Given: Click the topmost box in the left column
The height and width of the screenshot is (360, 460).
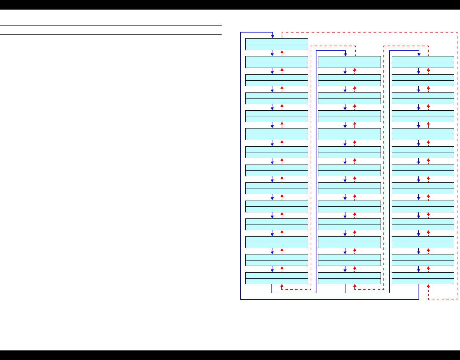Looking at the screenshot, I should pyautogui.click(x=277, y=44).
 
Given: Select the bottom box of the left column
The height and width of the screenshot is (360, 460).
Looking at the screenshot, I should pyautogui.click(x=277, y=278).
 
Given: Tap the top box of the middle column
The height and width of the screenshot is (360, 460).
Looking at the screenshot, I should pyautogui.click(x=349, y=62).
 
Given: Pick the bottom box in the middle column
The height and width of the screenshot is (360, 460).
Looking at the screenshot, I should pyautogui.click(x=349, y=278).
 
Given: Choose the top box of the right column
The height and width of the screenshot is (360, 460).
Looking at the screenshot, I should pyautogui.click(x=423, y=62).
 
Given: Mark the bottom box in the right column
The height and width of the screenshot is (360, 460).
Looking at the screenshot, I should pyautogui.click(x=423, y=278).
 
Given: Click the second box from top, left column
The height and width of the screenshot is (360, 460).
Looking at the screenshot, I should pyautogui.click(x=277, y=62).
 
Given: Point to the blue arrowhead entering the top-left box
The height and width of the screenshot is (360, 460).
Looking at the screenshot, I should pyautogui.click(x=273, y=36).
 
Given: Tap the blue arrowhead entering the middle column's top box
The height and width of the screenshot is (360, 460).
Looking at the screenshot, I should pyautogui.click(x=345, y=55).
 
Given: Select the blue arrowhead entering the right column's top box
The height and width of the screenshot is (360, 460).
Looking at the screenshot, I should pyautogui.click(x=419, y=55).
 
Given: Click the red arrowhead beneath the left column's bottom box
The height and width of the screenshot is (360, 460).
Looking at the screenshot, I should pyautogui.click(x=282, y=285).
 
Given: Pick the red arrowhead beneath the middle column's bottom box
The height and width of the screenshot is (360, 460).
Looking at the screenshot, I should pyautogui.click(x=355, y=285).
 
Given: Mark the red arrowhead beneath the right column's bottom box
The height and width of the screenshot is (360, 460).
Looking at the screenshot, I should pyautogui.click(x=428, y=285).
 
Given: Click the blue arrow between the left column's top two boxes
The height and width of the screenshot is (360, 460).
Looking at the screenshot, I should pyautogui.click(x=272, y=53).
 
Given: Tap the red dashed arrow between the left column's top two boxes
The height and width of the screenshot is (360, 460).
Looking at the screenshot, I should pyautogui.click(x=282, y=53).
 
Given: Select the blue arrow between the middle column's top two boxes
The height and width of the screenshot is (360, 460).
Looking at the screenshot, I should pyautogui.click(x=345, y=71).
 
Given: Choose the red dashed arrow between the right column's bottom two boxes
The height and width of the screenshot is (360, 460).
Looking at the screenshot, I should pyautogui.click(x=428, y=269).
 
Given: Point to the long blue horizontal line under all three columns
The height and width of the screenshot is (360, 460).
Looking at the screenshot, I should pyautogui.click(x=329, y=299).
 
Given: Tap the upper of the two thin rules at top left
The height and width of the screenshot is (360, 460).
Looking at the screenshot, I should pyautogui.click(x=111, y=25).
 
